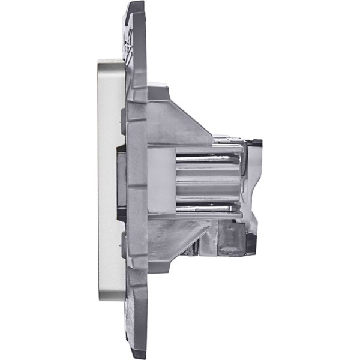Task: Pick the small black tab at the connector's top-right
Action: pyautogui.click(x=256, y=143)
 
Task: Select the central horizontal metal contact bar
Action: pyautogui.click(x=207, y=179)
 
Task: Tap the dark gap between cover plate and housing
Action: pyautogui.click(x=120, y=180)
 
